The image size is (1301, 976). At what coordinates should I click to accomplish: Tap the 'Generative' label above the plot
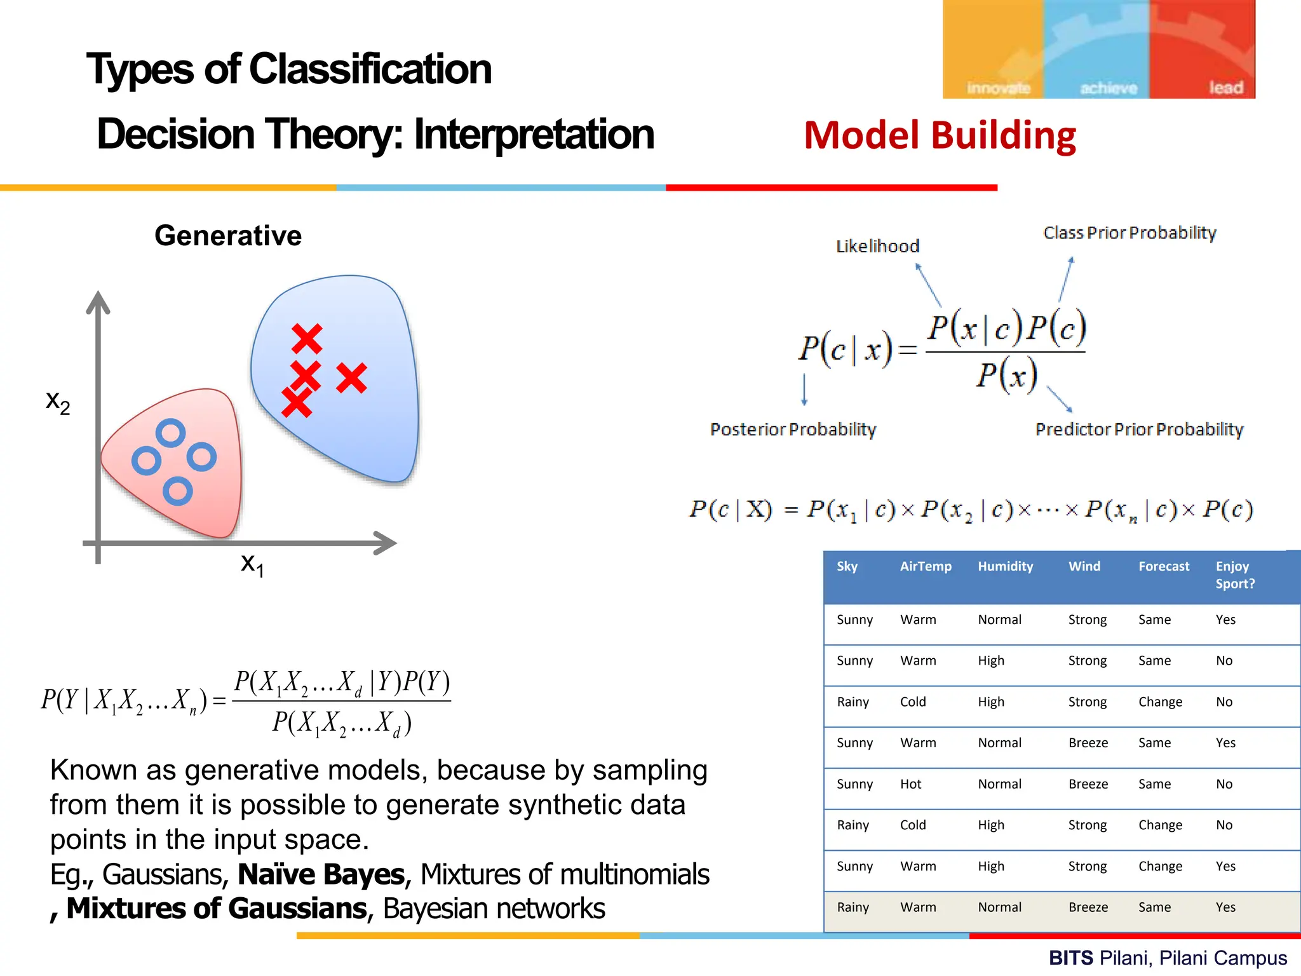tap(228, 236)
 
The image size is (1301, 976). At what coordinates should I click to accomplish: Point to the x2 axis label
tap(58, 402)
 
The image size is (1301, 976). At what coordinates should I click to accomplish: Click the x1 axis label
tap(252, 564)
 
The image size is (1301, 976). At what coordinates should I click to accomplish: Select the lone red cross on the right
tap(351, 378)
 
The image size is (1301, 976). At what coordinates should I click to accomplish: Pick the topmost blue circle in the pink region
tap(171, 433)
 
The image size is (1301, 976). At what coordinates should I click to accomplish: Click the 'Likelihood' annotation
tap(877, 247)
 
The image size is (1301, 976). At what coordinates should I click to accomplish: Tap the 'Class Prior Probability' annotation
tap(1129, 233)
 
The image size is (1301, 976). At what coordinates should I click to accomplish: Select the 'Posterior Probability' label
tap(793, 430)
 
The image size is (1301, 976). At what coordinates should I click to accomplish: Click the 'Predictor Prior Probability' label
tap(1139, 430)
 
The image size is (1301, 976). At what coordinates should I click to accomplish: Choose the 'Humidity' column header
tap(1005, 566)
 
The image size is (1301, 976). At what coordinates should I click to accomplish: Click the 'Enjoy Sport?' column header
tap(1234, 574)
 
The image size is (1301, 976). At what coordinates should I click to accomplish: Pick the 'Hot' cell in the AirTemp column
tap(910, 784)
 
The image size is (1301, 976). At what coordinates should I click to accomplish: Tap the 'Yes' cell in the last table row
tap(1225, 907)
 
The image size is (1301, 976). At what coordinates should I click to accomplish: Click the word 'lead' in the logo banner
tap(1225, 88)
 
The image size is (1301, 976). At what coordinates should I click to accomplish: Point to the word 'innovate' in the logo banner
tap(998, 88)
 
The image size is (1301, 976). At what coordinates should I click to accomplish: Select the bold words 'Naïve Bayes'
tap(321, 874)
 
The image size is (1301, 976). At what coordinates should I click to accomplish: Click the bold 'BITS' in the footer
tap(1071, 958)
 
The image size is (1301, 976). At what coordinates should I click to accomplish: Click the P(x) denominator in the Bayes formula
tap(1007, 375)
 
